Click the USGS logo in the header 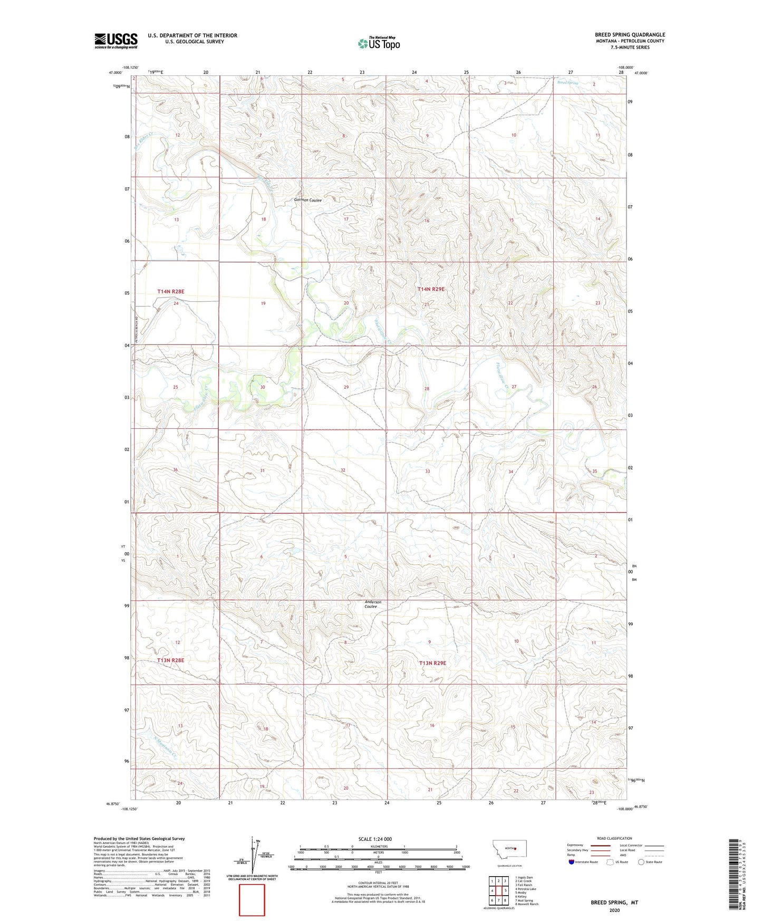[115, 41]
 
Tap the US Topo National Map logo [379, 43]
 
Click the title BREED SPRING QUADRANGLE [630, 35]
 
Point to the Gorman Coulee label [307, 200]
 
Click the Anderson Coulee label [372, 604]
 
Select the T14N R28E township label [170, 291]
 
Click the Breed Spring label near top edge [568, 83]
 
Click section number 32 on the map [343, 470]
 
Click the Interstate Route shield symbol [572, 862]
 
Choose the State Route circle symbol [641, 862]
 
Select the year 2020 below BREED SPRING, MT [614, 910]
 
